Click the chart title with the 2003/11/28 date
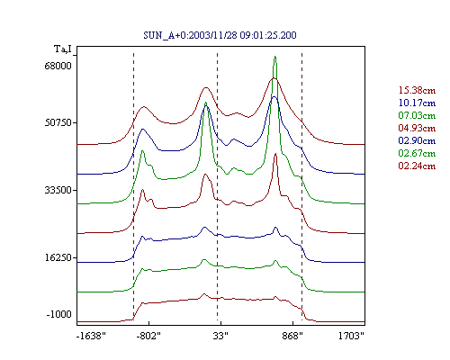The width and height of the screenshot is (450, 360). [220, 35]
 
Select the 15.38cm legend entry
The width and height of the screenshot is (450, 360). [417, 90]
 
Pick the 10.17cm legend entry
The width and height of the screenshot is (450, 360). [417, 103]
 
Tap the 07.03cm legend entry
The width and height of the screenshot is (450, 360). [417, 115]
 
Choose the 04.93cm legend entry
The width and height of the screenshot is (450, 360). [417, 128]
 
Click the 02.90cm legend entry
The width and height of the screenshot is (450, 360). [417, 140]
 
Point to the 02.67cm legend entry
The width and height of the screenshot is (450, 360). [417, 153]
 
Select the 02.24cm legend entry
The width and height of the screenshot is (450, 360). [417, 166]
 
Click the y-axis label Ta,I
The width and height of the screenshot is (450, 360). [63, 49]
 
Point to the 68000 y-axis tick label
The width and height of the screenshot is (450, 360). [58, 66]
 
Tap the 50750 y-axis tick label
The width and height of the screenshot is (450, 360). [58, 122]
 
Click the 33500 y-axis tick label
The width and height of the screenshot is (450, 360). [58, 190]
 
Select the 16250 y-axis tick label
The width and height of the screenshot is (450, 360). [58, 257]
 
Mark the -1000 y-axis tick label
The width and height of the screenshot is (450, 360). [58, 314]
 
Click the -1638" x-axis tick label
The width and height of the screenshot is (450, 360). [91, 336]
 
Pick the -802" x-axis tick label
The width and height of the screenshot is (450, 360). [148, 336]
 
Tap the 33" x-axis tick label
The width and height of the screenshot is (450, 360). [220, 336]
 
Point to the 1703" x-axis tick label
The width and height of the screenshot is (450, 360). [351, 336]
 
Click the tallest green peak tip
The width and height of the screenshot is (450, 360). [274, 57]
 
